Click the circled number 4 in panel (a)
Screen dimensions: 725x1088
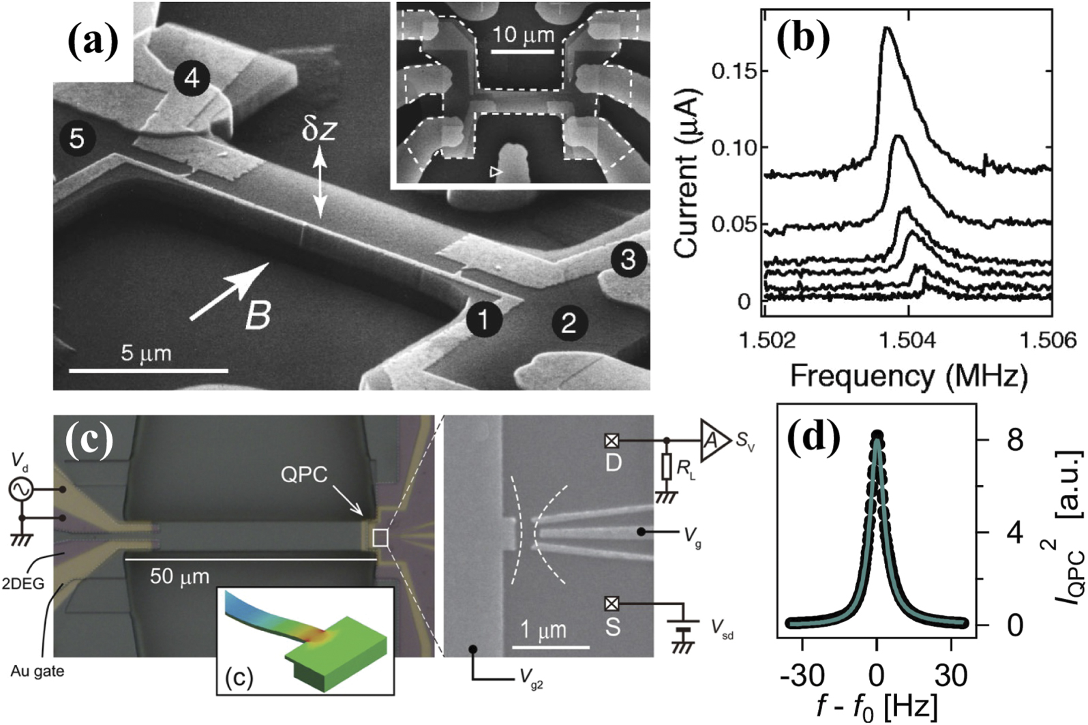click(192, 78)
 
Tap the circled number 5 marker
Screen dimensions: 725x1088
click(76, 138)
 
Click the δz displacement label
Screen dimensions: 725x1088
click(319, 128)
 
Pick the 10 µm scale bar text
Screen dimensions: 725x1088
click(524, 34)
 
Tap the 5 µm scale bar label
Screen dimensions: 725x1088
click(147, 354)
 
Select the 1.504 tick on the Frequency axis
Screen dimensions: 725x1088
click(909, 339)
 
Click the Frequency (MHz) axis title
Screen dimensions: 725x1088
click(908, 376)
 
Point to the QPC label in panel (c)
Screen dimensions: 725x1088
click(304, 475)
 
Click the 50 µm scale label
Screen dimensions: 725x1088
click(179, 577)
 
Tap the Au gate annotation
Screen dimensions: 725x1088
click(37, 671)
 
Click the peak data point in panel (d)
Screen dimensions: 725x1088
click(877, 437)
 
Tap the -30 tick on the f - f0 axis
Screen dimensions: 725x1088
click(803, 675)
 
